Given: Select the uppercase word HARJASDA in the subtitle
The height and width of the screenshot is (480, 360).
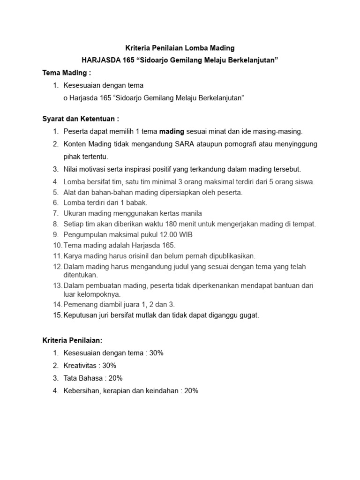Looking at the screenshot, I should click(x=99, y=60).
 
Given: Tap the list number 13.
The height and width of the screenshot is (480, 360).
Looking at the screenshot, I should click(x=57, y=285).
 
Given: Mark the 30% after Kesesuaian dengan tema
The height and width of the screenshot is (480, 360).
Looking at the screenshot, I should click(x=156, y=353).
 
